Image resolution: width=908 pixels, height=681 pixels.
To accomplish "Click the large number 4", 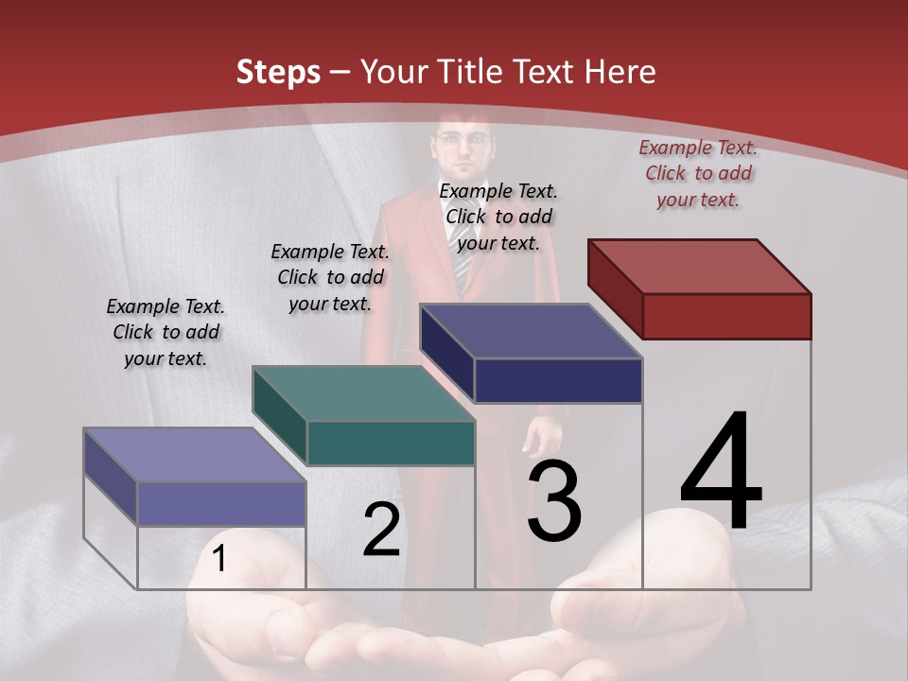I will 721,472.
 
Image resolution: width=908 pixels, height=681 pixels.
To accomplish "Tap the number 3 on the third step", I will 554,501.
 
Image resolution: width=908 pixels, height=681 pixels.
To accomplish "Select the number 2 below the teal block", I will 381,530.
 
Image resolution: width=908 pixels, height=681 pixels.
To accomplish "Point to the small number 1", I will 218,559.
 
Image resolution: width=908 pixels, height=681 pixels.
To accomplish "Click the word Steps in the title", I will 278,72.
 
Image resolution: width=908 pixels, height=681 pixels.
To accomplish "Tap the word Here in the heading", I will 620,72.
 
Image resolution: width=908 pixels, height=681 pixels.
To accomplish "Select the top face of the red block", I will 699,267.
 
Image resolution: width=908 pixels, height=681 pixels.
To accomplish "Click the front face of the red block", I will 726,316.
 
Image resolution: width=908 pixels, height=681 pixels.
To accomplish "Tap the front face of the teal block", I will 391,443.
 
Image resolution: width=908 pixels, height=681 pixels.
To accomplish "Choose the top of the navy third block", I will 531,331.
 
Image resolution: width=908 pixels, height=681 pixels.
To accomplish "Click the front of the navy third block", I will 558,380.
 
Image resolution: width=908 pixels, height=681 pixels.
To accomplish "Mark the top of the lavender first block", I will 195,455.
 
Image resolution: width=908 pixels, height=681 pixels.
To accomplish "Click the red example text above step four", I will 698,173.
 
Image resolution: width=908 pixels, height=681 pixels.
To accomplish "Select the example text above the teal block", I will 330,277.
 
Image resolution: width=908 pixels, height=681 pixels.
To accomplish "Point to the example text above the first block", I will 166,332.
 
